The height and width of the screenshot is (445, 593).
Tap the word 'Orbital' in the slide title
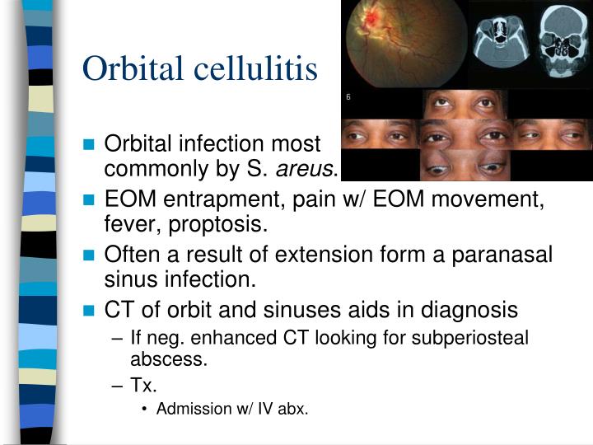pyautogui.click(x=133, y=68)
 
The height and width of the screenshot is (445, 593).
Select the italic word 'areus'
pyautogui.click(x=308, y=170)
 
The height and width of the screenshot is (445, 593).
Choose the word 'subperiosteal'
pyautogui.click(x=475, y=337)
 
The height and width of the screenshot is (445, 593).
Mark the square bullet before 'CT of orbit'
pyautogui.click(x=90, y=311)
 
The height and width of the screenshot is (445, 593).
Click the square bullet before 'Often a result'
pyautogui.click(x=90, y=256)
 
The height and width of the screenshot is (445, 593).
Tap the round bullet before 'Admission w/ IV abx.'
pyautogui.click(x=145, y=410)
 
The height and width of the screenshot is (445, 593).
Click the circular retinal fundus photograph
pyautogui.click(x=403, y=43)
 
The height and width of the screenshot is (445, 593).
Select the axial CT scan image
pyautogui.click(x=498, y=41)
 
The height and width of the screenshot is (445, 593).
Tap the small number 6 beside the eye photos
pyautogui.click(x=348, y=97)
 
